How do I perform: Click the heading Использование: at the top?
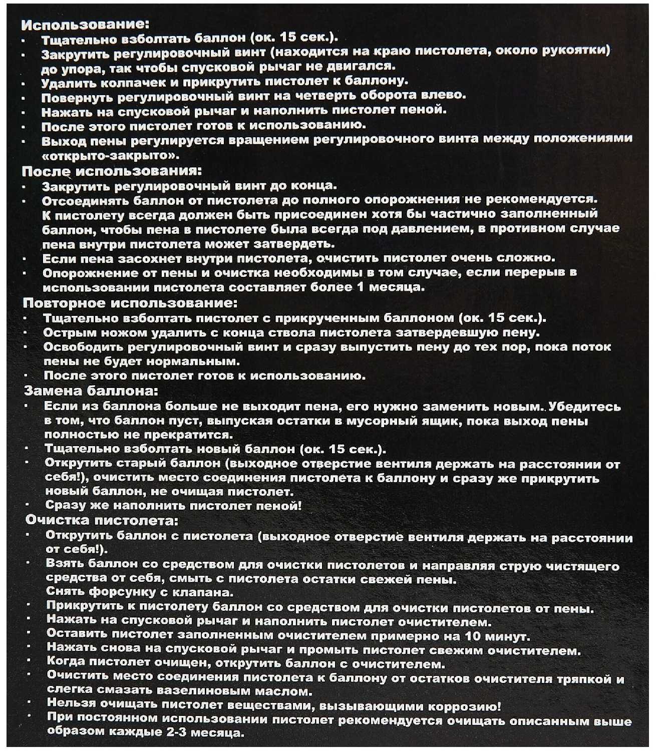pyautogui.click(x=86, y=24)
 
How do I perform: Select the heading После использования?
pyautogui.click(x=108, y=171)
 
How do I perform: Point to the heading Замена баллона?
pyautogui.click(x=92, y=390)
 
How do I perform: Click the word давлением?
pyautogui.click(x=416, y=229)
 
